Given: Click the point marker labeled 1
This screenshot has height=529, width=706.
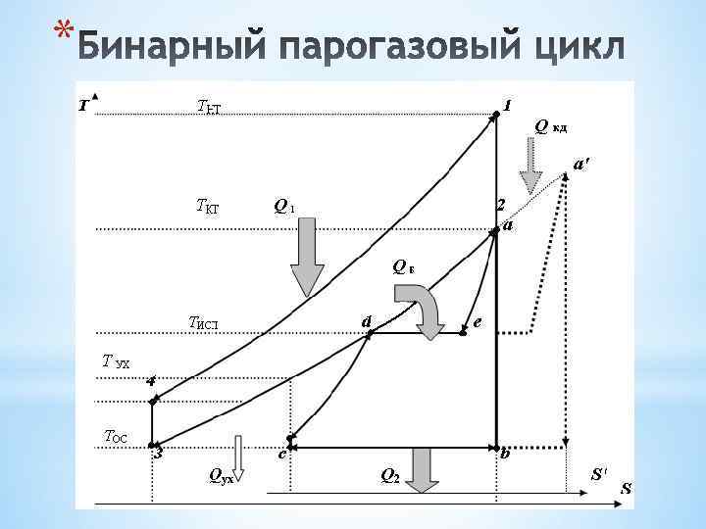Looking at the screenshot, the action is (x=496, y=114).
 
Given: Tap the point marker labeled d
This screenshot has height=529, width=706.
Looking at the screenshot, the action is (x=370, y=334).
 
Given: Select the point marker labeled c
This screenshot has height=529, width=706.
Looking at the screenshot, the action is (x=290, y=438).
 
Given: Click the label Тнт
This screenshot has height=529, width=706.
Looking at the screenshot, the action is (x=209, y=106).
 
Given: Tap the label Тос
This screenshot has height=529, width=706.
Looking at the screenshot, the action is (x=117, y=437).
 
